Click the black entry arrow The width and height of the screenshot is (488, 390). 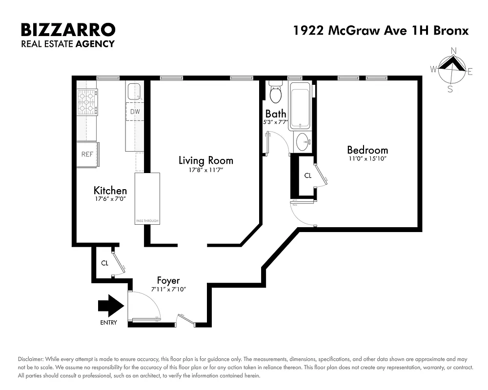(x=111, y=306)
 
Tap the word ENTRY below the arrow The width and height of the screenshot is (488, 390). (x=109, y=323)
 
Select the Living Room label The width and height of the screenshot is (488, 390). (x=205, y=160)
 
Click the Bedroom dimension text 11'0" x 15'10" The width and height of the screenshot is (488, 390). (x=367, y=158)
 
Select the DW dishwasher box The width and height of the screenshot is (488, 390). (x=135, y=112)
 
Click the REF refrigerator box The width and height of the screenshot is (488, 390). (x=87, y=155)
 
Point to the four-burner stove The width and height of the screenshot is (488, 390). (x=87, y=101)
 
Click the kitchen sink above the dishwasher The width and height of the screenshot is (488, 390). (x=134, y=91)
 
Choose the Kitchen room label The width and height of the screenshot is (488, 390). (x=110, y=191)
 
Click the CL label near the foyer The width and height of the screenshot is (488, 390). (x=104, y=264)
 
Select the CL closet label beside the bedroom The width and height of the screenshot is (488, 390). (x=307, y=176)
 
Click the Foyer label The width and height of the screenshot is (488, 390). (x=168, y=281)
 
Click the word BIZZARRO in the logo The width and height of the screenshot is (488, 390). (x=68, y=30)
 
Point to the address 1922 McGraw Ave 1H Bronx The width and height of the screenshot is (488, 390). (x=381, y=30)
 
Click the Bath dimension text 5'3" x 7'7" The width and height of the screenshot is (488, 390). (x=276, y=122)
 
